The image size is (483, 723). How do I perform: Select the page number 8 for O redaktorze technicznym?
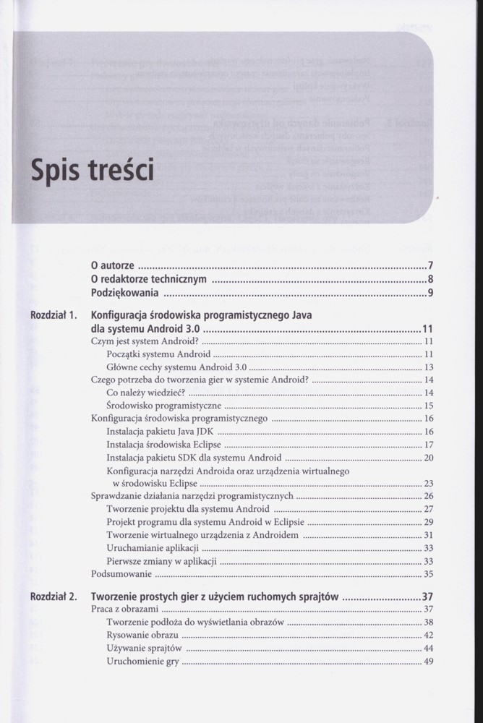click(x=429, y=278)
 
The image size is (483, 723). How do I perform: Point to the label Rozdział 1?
click(x=54, y=315)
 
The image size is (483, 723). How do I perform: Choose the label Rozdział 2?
click(x=54, y=598)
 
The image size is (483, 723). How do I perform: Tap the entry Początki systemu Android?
click(x=158, y=354)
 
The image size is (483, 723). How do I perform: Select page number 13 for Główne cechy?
click(x=428, y=367)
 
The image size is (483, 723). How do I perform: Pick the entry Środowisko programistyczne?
click(x=160, y=406)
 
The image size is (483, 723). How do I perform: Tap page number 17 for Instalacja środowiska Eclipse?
click(x=428, y=445)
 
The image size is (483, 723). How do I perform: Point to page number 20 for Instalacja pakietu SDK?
click(x=428, y=458)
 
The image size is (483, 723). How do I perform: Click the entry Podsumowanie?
click(x=121, y=574)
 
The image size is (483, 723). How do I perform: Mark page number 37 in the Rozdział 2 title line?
click(x=427, y=598)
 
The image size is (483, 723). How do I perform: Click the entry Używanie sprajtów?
click(x=143, y=649)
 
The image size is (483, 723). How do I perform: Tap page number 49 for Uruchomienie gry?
click(x=428, y=662)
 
